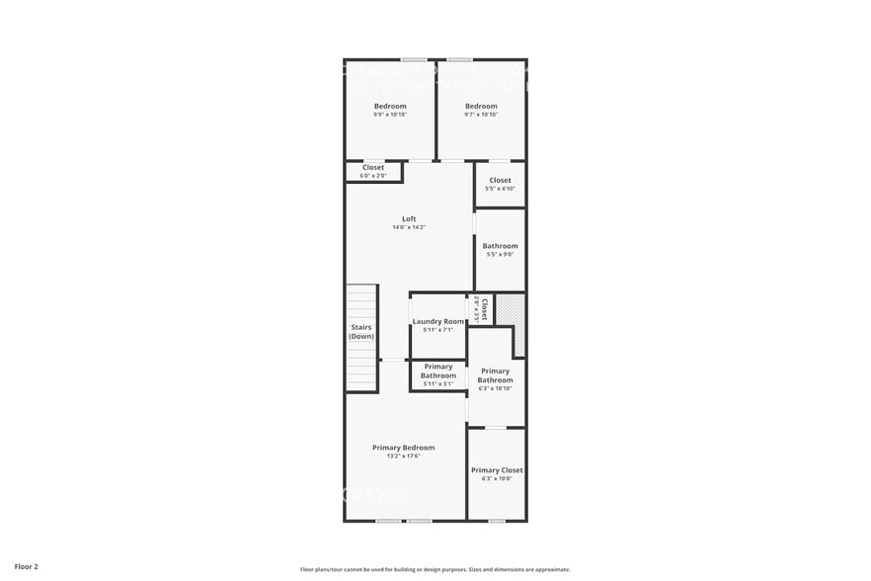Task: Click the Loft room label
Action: pos(409,218)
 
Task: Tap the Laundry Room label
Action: pos(438,321)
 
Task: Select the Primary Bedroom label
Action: pos(403,448)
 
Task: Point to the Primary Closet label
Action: pos(497,470)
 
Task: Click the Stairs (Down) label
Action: pos(361,331)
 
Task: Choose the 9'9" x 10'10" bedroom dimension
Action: pos(390,115)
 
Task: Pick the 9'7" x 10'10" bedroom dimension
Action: pos(481,115)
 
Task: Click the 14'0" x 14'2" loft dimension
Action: pos(409,227)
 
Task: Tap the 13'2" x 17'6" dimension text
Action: pos(403,456)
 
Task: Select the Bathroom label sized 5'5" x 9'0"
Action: pos(500,246)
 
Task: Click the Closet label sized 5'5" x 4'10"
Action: pos(501,180)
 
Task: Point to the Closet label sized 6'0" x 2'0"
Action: pos(373,167)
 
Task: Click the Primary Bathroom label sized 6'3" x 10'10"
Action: pos(495,375)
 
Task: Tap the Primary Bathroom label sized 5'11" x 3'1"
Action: pos(438,371)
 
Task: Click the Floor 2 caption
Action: pos(27,566)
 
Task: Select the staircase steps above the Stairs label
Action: pos(361,301)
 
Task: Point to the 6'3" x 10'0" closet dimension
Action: pos(497,479)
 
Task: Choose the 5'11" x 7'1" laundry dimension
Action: pos(438,330)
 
